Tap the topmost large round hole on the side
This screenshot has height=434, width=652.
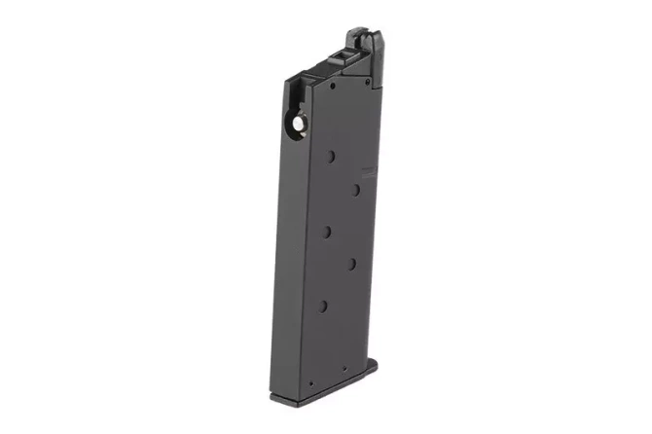pyautogui.click(x=333, y=157)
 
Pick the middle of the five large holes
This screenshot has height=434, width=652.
pyautogui.click(x=328, y=231)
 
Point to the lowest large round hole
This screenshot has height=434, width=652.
pyautogui.click(x=323, y=306)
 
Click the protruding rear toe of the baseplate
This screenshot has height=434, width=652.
pyautogui.click(x=372, y=367)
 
